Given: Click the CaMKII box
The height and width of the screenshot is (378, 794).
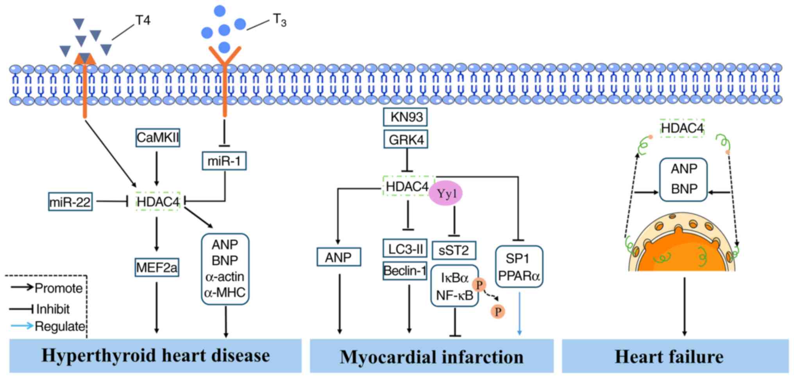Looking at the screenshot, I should click(157, 138).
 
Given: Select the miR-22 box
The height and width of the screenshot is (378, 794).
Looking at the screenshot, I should click(70, 202).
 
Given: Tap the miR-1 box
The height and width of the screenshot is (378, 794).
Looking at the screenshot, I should click(224, 161).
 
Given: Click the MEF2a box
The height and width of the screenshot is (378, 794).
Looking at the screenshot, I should click(157, 268).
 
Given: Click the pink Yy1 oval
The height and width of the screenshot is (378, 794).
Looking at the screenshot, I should click(446, 193).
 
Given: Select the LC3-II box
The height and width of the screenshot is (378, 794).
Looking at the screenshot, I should click(405, 249).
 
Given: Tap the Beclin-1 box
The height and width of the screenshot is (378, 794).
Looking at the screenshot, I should click(405, 271).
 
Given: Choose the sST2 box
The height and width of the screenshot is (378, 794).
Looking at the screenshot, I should click(454, 250).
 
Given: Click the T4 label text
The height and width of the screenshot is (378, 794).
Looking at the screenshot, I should click(143, 20).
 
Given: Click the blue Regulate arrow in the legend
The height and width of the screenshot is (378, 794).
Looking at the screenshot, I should click(21, 326).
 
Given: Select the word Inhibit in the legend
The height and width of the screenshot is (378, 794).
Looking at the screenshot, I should click(53, 309).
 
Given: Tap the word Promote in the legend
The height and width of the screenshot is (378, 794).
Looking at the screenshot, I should click(59, 288).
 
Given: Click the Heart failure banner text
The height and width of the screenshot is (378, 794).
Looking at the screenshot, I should click(669, 357).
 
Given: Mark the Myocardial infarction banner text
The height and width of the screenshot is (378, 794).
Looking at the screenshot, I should click(431, 357).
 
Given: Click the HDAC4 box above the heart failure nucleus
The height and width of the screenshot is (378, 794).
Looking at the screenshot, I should click(682, 128).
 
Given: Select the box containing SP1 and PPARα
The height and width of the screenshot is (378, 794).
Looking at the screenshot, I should click(519, 267).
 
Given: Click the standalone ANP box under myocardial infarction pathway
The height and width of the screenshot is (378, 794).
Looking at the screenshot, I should click(338, 257).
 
